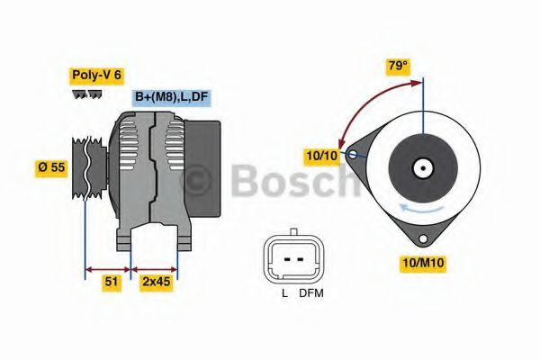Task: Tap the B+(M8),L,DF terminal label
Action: coord(172,97)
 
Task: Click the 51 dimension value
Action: coord(110,282)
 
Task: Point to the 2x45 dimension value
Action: coord(156,282)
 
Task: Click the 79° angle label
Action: coord(398,66)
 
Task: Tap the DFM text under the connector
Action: coord(310,292)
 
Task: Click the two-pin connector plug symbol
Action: coord(292,258)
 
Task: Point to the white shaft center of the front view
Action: coord(420,167)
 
